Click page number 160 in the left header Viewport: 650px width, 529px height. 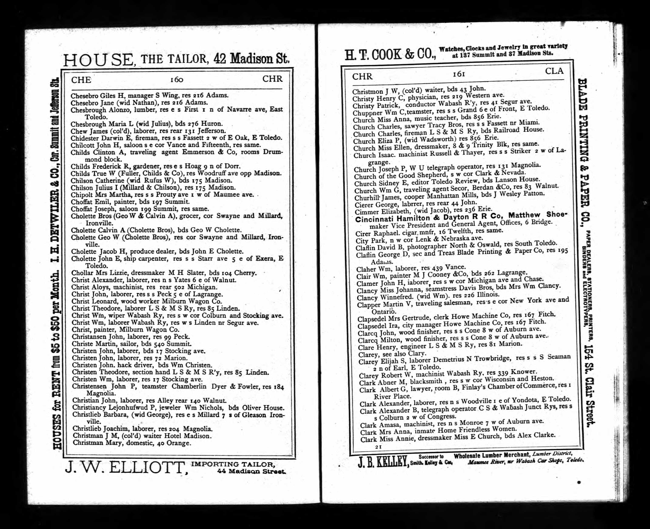click(x=177, y=80)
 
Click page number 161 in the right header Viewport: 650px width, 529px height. click(x=459, y=74)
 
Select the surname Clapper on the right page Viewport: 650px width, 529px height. click(x=369, y=305)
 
